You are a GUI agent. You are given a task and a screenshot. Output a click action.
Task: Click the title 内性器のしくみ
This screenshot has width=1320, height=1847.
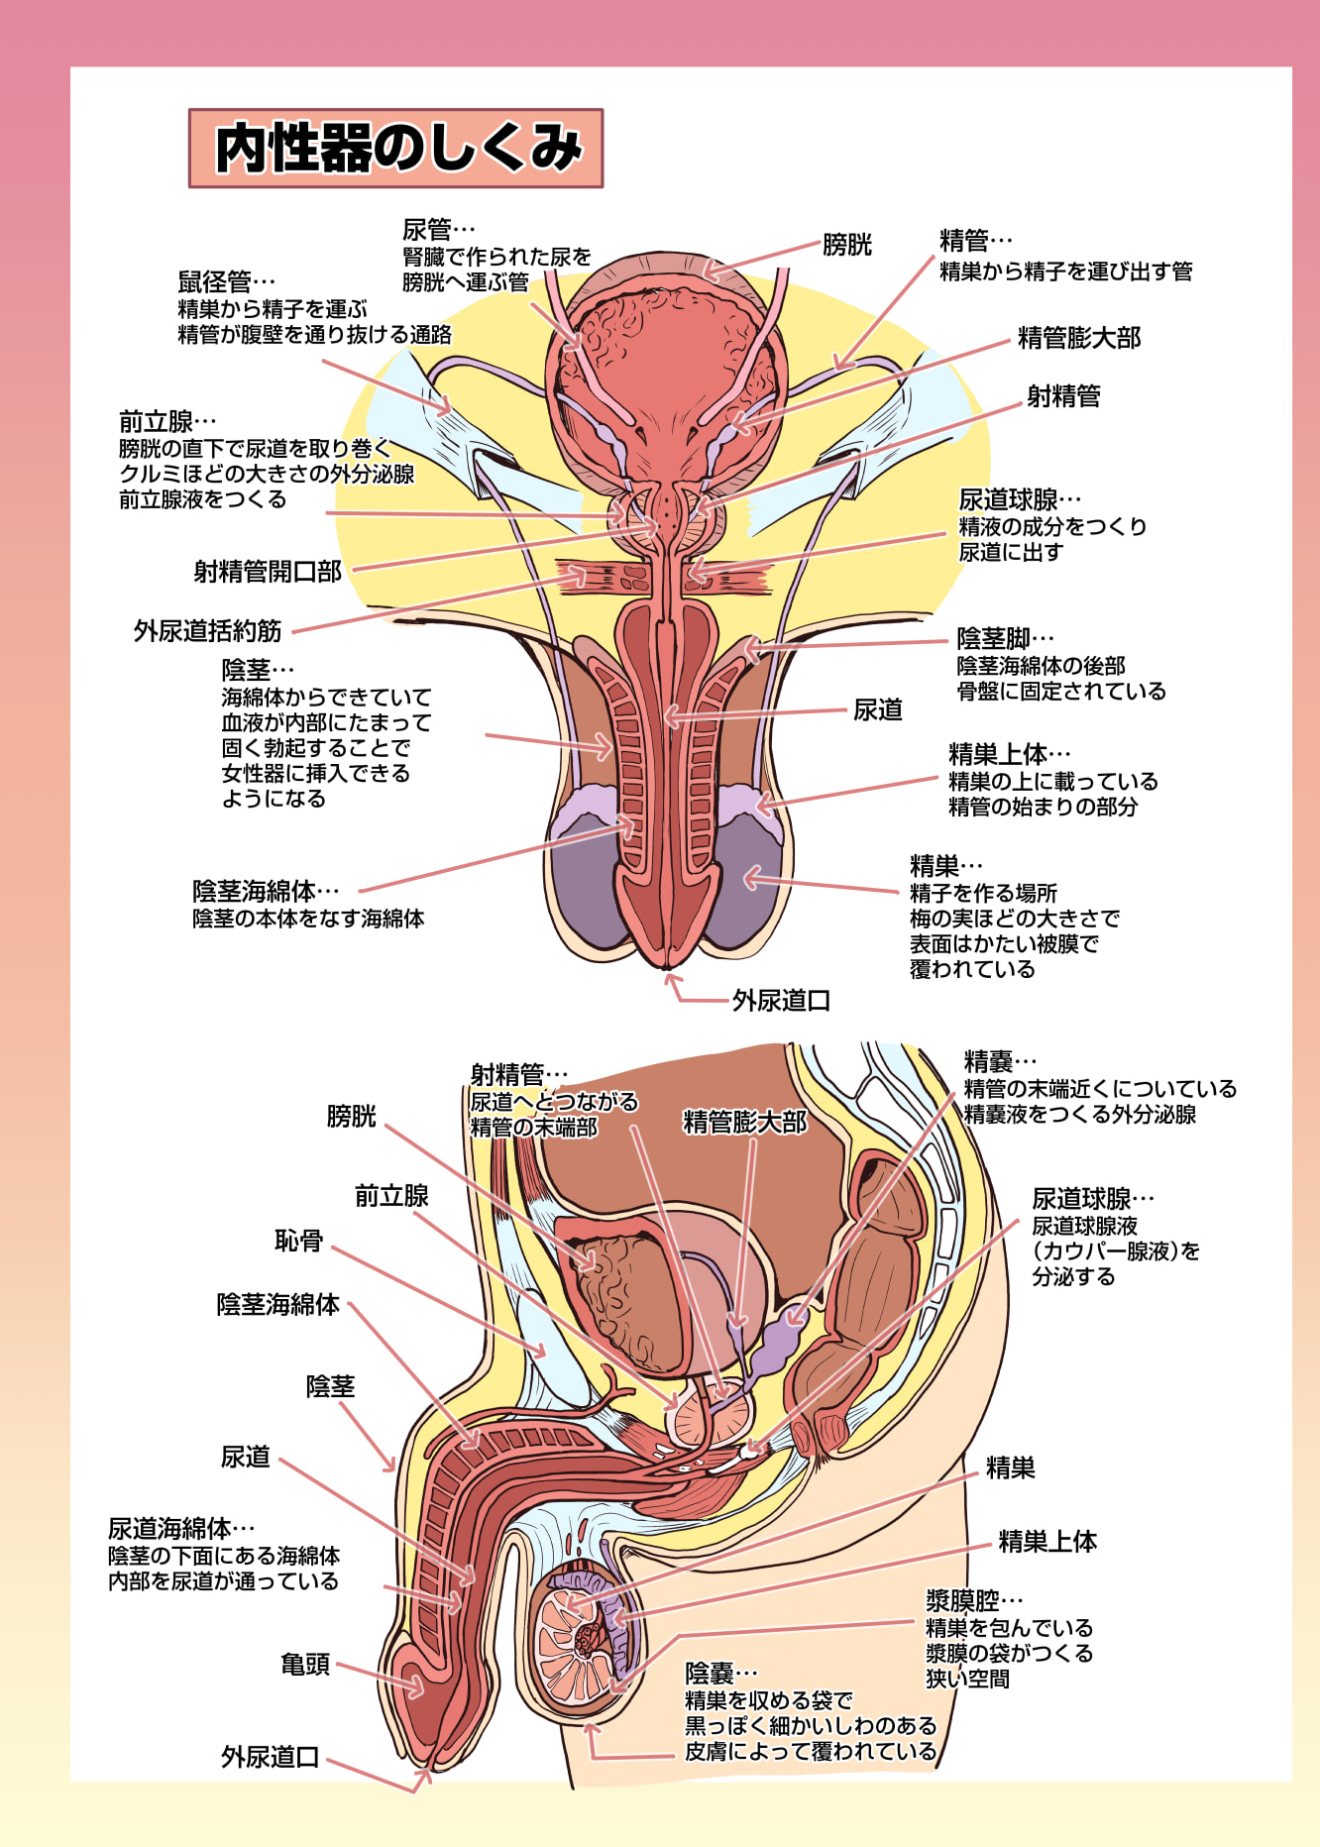click(x=397, y=149)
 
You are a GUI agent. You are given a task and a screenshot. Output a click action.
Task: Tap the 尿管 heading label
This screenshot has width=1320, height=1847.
click(x=427, y=230)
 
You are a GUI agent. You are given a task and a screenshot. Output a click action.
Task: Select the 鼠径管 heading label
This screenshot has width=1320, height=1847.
click(x=215, y=282)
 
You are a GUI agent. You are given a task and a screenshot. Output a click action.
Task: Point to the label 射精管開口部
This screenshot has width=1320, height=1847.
click(x=268, y=572)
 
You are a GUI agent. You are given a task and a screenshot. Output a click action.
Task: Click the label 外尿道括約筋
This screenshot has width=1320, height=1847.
click(x=208, y=631)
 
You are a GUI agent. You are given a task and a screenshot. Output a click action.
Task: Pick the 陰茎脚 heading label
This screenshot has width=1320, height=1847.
click(x=994, y=638)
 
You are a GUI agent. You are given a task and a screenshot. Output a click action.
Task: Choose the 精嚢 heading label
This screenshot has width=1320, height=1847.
click(x=989, y=1062)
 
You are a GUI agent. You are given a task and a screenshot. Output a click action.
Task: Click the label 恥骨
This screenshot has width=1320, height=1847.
click(x=299, y=1241)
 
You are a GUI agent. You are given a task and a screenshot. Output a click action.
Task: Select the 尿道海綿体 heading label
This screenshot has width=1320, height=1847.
click(x=169, y=1529)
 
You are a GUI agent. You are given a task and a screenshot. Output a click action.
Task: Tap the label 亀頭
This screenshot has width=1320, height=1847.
click(x=305, y=1664)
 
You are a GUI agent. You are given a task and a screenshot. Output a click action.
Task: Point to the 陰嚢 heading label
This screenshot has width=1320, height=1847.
click(x=710, y=1674)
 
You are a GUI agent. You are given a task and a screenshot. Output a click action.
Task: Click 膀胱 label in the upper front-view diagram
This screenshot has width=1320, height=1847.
click(x=847, y=245)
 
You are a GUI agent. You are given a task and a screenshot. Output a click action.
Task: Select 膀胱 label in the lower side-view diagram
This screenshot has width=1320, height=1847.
click(x=352, y=1117)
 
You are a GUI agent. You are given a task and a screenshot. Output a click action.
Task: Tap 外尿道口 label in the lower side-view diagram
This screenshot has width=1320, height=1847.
click(x=270, y=1757)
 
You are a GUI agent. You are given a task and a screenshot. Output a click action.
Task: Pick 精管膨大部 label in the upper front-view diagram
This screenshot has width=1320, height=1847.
click(x=1079, y=338)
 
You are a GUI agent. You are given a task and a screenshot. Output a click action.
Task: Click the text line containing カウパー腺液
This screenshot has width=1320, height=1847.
click(x=1116, y=1251)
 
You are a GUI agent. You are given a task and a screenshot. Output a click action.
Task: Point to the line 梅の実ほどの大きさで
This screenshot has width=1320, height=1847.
click(x=1015, y=919)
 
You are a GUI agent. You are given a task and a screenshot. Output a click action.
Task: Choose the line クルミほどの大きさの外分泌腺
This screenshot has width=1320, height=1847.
click(x=267, y=474)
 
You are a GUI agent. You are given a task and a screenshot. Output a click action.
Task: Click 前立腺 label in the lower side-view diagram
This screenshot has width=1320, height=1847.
click(x=391, y=1196)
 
